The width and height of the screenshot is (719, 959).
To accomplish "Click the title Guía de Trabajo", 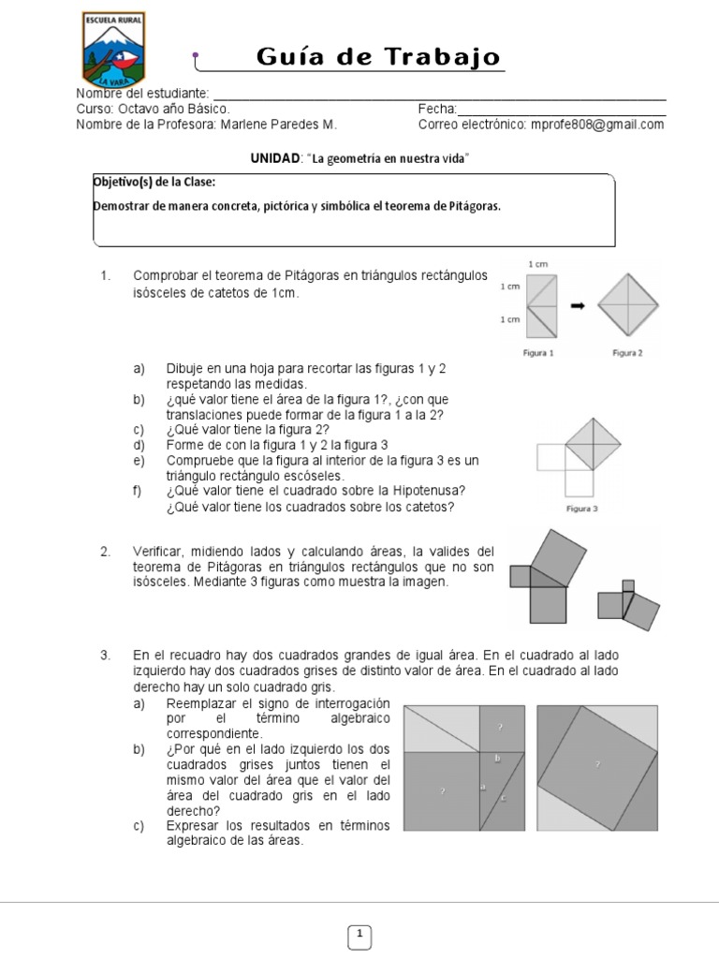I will tap(379, 57).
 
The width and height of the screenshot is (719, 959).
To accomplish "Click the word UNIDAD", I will tap(274, 158).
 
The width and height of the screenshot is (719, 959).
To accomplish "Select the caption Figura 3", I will tap(583, 509).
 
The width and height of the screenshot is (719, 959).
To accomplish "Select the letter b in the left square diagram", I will tap(497, 757).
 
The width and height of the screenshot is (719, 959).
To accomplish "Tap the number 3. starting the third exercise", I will tap(106, 654).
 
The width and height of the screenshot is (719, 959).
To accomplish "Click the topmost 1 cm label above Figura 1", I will tap(538, 266).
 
